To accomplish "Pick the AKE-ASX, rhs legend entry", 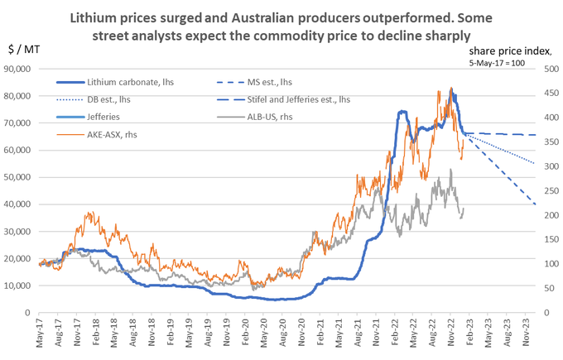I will (120, 132).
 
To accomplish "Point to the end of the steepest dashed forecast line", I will (537, 204).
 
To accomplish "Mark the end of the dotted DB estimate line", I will (535, 163).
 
